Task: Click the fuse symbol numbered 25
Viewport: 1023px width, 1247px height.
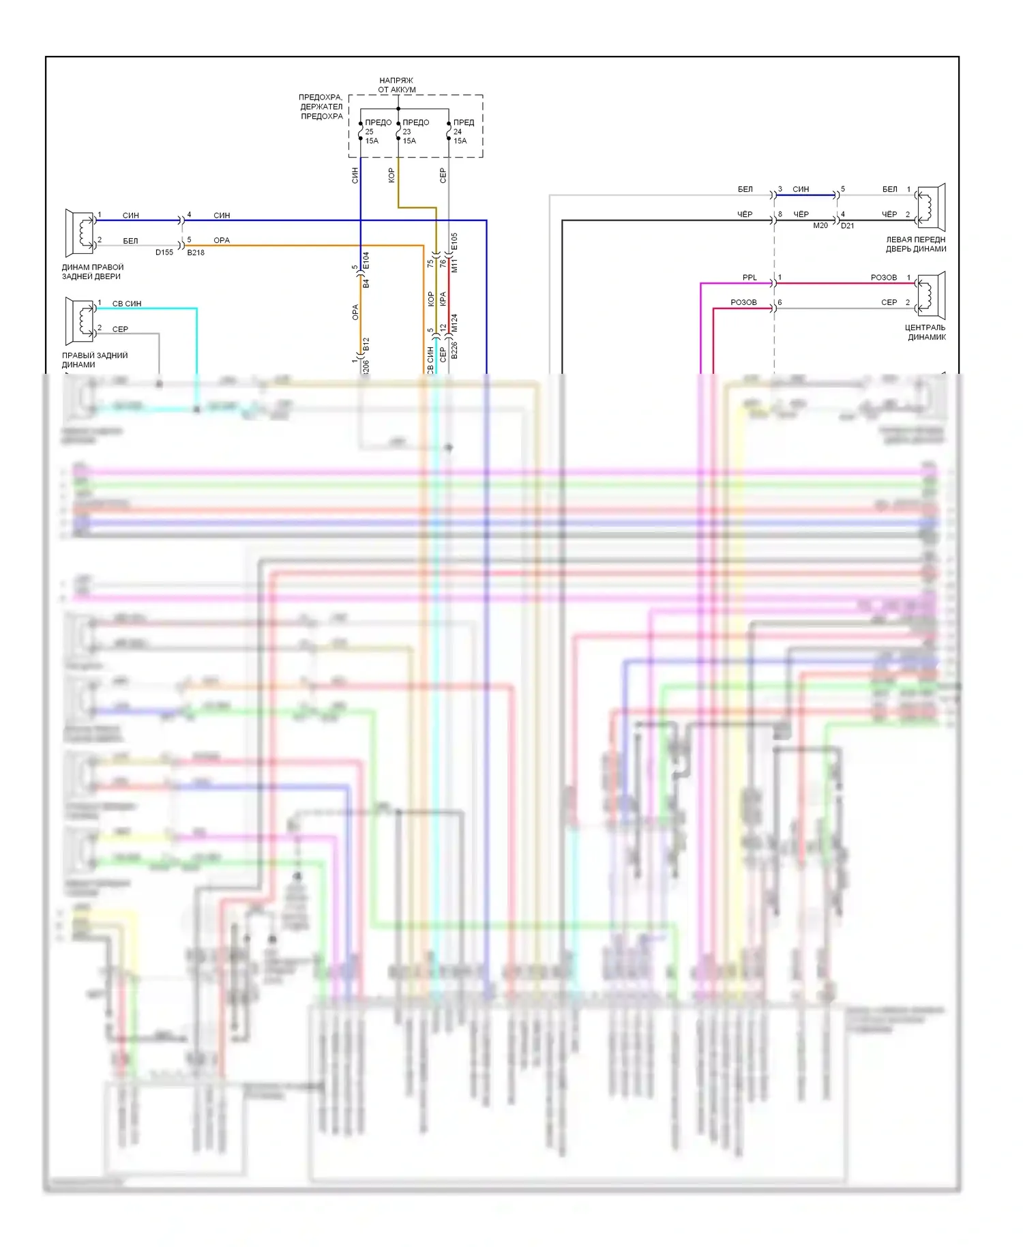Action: click(x=361, y=131)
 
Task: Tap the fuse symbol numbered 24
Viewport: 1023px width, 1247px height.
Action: click(x=449, y=131)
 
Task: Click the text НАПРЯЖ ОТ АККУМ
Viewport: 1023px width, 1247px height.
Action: click(x=397, y=85)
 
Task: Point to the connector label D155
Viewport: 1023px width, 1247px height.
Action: click(x=164, y=252)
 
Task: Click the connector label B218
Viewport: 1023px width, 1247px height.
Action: click(x=196, y=252)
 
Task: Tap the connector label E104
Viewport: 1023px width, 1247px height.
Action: click(x=366, y=260)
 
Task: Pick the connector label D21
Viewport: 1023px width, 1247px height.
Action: click(x=847, y=226)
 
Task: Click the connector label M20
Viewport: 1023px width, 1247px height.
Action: click(x=820, y=226)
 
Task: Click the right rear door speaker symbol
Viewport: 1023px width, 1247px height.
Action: click(x=80, y=233)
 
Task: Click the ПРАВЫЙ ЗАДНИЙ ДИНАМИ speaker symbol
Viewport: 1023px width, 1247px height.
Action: click(x=80, y=321)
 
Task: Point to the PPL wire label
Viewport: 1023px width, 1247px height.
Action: click(x=750, y=278)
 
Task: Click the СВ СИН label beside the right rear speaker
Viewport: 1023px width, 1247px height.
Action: click(x=127, y=304)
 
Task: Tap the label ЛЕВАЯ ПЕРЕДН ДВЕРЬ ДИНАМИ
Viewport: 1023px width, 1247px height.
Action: click(x=916, y=244)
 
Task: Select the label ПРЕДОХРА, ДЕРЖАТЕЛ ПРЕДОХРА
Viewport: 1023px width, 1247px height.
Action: click(x=321, y=107)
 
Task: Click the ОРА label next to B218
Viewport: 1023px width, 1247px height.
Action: click(x=222, y=241)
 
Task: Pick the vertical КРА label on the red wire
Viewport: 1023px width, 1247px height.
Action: click(x=443, y=299)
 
